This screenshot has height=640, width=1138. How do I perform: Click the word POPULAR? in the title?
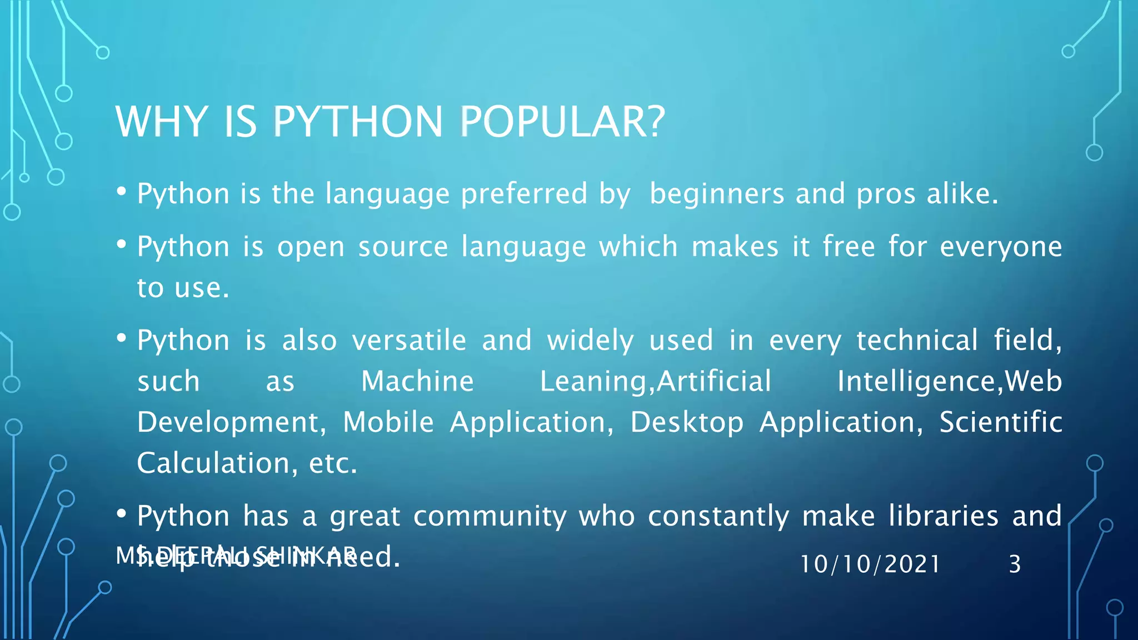[562, 122]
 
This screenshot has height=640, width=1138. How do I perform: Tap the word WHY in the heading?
[162, 122]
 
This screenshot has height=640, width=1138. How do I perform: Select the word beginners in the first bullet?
[717, 194]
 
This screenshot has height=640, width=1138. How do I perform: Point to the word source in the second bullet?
[403, 247]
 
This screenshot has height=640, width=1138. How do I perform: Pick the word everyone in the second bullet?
[1001, 247]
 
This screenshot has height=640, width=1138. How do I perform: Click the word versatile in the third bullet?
[409, 340]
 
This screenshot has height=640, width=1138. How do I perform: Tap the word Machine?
[417, 381]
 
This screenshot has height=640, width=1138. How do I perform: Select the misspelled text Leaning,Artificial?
[656, 381]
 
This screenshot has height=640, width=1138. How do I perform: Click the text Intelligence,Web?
[950, 381]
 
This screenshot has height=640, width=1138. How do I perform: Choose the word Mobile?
[388, 422]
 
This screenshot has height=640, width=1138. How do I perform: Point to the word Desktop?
[687, 422]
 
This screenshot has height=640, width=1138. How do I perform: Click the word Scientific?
[1001, 422]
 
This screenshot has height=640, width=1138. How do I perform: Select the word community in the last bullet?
[490, 516]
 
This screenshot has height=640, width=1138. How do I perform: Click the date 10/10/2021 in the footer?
[870, 564]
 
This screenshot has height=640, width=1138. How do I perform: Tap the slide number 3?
[1015, 564]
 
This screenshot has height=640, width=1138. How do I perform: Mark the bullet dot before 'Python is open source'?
[122, 244]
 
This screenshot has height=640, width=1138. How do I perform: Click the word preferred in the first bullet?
[523, 194]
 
